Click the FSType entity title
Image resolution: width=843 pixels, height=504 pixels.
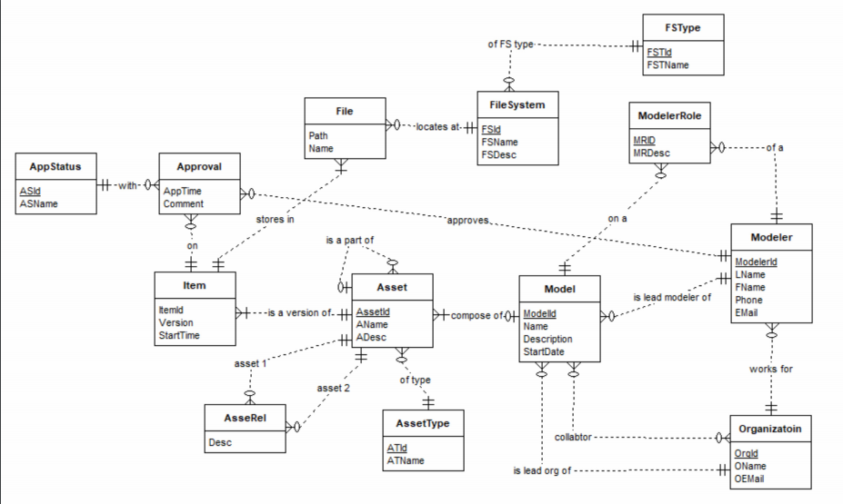click(683, 27)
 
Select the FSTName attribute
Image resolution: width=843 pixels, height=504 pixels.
click(667, 64)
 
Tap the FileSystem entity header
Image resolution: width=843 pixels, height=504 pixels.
click(517, 105)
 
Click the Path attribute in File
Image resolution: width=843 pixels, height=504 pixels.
click(318, 135)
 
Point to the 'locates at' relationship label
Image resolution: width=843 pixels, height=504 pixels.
click(437, 126)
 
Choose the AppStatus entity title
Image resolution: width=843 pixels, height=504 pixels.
click(55, 167)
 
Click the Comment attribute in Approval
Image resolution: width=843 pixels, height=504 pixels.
click(183, 204)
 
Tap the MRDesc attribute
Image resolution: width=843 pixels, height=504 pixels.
click(652, 153)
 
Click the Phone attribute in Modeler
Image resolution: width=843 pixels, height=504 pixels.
click(750, 300)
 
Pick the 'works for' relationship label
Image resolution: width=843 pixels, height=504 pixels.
click(771, 370)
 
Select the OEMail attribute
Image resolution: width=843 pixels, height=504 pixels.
click(753, 479)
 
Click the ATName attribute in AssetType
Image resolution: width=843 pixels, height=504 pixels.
click(406, 460)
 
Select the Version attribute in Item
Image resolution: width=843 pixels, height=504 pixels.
click(176, 322)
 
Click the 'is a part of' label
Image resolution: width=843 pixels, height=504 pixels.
click(350, 240)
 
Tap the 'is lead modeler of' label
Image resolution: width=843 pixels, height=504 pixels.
click(672, 298)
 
